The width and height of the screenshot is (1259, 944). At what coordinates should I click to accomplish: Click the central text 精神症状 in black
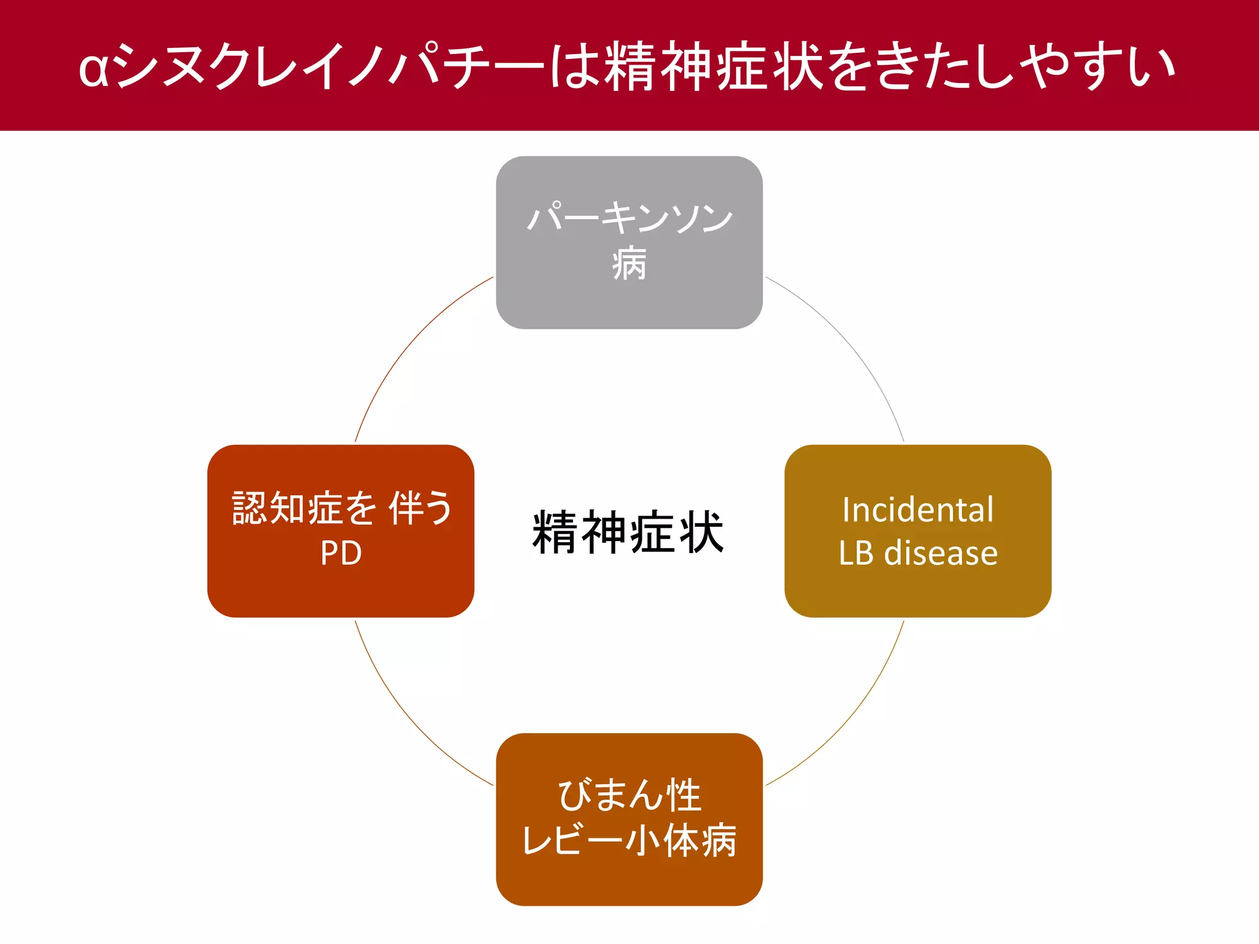(x=628, y=532)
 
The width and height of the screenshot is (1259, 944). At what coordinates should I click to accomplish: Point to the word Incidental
(x=917, y=509)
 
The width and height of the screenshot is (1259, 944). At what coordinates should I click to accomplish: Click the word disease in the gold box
(x=941, y=553)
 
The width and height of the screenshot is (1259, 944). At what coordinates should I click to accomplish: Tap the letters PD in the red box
(x=341, y=553)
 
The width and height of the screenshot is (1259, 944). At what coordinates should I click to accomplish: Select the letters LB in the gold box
(x=856, y=553)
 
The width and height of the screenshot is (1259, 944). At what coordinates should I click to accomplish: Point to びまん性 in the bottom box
(x=629, y=795)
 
